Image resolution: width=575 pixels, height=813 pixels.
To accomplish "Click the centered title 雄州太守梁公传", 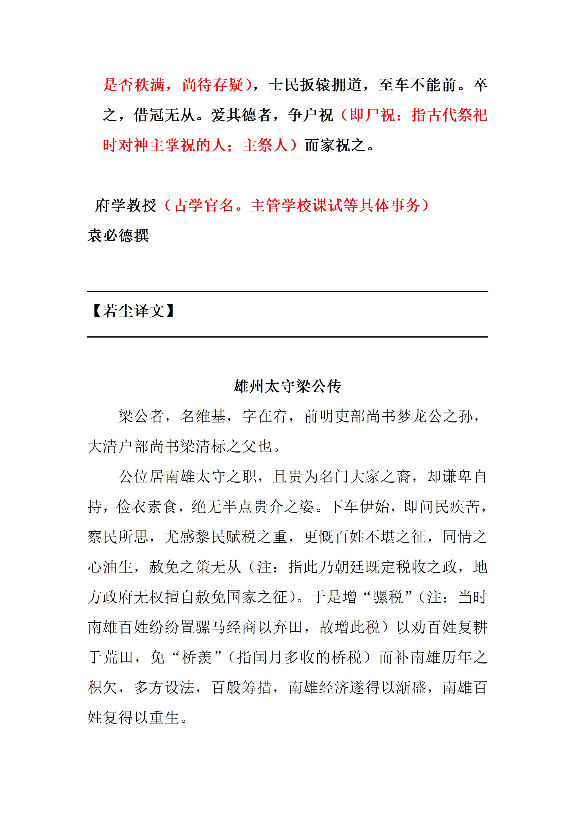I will [x=287, y=386].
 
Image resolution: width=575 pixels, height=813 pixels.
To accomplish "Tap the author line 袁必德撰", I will [x=118, y=236].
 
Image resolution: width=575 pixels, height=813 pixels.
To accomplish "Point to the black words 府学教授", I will [x=126, y=205].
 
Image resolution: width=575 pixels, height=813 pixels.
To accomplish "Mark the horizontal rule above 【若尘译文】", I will [x=287, y=292].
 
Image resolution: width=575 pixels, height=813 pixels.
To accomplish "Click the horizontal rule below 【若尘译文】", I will [x=287, y=337].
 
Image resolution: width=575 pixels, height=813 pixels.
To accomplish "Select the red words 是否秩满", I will [x=134, y=85].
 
